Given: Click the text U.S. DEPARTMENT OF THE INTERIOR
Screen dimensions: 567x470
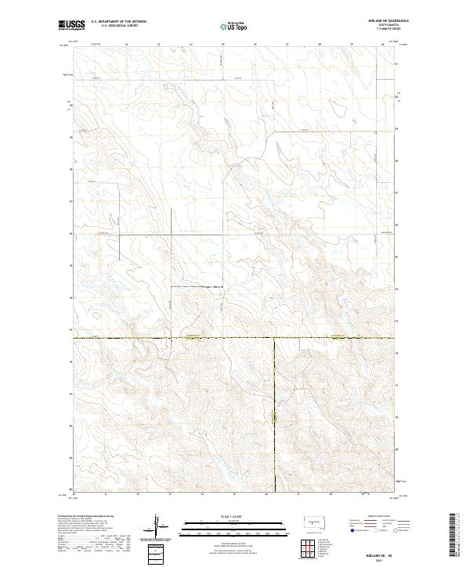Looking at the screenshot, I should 119,22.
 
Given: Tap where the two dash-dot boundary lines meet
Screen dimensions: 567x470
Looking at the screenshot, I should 274,339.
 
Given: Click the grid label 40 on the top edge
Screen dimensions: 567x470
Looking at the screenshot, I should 382,45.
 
